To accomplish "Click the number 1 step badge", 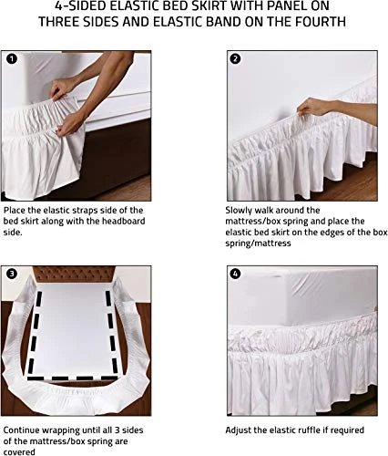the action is [x=12, y=58].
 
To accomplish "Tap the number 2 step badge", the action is [x=235, y=58].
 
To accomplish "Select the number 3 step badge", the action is [x=12, y=274].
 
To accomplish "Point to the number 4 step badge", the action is [x=235, y=274].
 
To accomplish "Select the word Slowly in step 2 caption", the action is [x=239, y=211].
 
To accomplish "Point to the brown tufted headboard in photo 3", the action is [x=74, y=274].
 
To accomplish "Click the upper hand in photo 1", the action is [x=61, y=88].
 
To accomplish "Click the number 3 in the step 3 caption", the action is [x=117, y=430].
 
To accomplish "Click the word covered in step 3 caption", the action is [x=19, y=452].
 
